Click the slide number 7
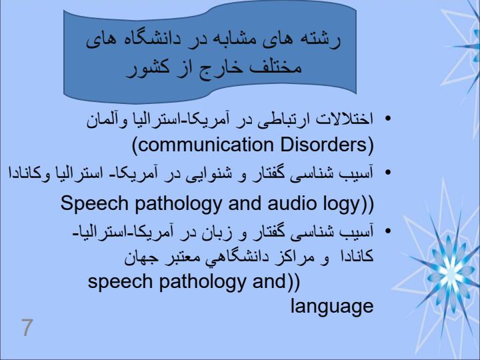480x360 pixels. (x=27, y=327)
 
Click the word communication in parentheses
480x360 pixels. (x=206, y=145)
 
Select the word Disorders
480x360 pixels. (x=323, y=145)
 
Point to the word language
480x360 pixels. (x=332, y=307)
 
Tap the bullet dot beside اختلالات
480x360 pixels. (x=388, y=119)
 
